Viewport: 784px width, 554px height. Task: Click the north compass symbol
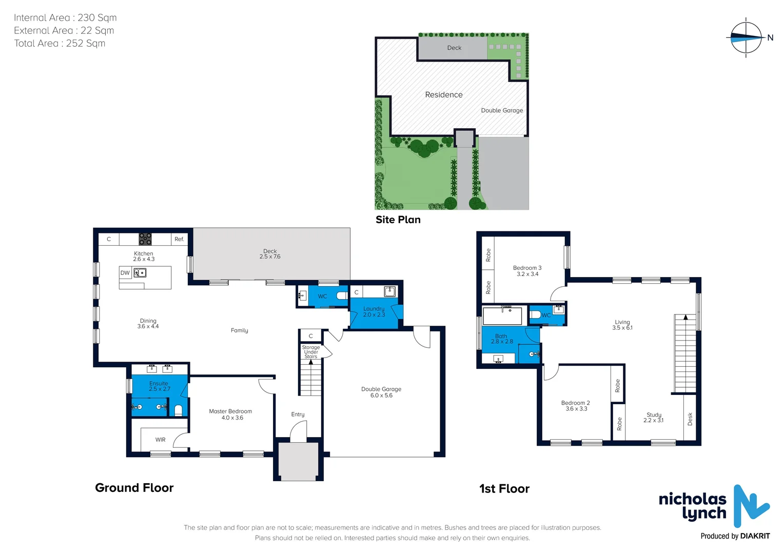pyautogui.click(x=746, y=37)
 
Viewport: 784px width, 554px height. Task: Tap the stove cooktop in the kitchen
pyautogui.click(x=145, y=239)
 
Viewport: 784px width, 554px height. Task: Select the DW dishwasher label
pyautogui.click(x=125, y=273)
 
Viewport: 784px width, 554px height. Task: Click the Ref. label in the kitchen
pyautogui.click(x=179, y=239)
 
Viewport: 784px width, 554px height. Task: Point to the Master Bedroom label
pyautogui.click(x=230, y=414)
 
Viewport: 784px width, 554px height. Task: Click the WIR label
pyautogui.click(x=161, y=440)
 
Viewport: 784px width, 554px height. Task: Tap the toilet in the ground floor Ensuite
pyautogui.click(x=178, y=409)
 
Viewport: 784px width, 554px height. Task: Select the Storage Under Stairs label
pyautogui.click(x=311, y=352)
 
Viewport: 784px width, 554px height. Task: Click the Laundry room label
pyautogui.click(x=374, y=311)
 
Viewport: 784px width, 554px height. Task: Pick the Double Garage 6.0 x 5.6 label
pyautogui.click(x=381, y=392)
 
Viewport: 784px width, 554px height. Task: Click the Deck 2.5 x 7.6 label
pyautogui.click(x=270, y=254)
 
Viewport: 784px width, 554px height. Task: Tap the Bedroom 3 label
pyautogui.click(x=527, y=271)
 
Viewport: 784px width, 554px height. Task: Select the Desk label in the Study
pyautogui.click(x=690, y=419)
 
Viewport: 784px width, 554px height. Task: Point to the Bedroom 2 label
pyautogui.click(x=576, y=406)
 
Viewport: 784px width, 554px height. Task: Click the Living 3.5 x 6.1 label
pyautogui.click(x=622, y=325)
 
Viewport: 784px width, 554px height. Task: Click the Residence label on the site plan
pyautogui.click(x=444, y=95)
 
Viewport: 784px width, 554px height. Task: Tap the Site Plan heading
pyautogui.click(x=398, y=220)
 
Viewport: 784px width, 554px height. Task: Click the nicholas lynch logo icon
pyautogui.click(x=751, y=506)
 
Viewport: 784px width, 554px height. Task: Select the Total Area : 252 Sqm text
pyautogui.click(x=60, y=44)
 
